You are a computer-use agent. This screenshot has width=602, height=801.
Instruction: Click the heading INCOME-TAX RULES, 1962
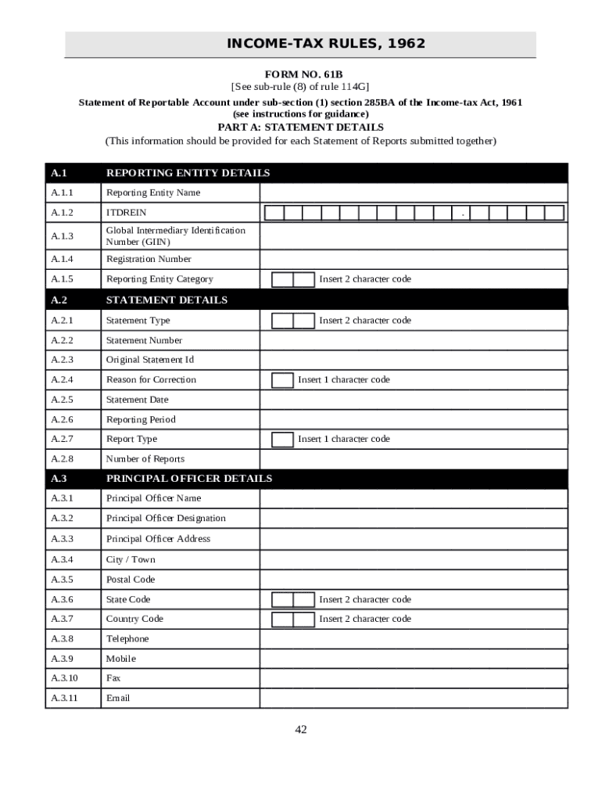325,44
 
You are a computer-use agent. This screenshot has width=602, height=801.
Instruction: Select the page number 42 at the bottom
301,730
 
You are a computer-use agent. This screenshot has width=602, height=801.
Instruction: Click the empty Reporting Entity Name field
414,192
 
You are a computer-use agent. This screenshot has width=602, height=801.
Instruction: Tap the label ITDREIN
126,213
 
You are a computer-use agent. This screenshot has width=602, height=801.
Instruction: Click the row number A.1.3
63,236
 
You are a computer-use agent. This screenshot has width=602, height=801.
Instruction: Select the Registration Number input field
414,260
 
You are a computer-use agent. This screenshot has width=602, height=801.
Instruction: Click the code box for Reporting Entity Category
292,279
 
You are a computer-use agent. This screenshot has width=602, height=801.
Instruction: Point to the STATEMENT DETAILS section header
167,300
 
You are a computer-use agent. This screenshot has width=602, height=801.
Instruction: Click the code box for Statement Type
292,321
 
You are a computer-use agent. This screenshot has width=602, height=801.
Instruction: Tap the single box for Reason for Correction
282,380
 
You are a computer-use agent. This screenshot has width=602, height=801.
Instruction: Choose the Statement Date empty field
414,400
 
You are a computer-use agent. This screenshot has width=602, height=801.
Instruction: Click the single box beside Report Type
282,440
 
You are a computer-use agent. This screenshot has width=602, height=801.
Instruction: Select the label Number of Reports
145,459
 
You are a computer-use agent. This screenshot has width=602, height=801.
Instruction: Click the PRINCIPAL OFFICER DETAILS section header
189,479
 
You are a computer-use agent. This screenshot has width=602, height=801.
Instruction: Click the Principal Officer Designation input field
414,519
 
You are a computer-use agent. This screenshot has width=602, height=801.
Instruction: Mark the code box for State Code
292,600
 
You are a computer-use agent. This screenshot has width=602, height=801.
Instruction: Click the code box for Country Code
292,620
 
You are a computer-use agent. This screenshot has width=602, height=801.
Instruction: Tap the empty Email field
414,699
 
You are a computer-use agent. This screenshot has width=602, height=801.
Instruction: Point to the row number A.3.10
64,678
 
